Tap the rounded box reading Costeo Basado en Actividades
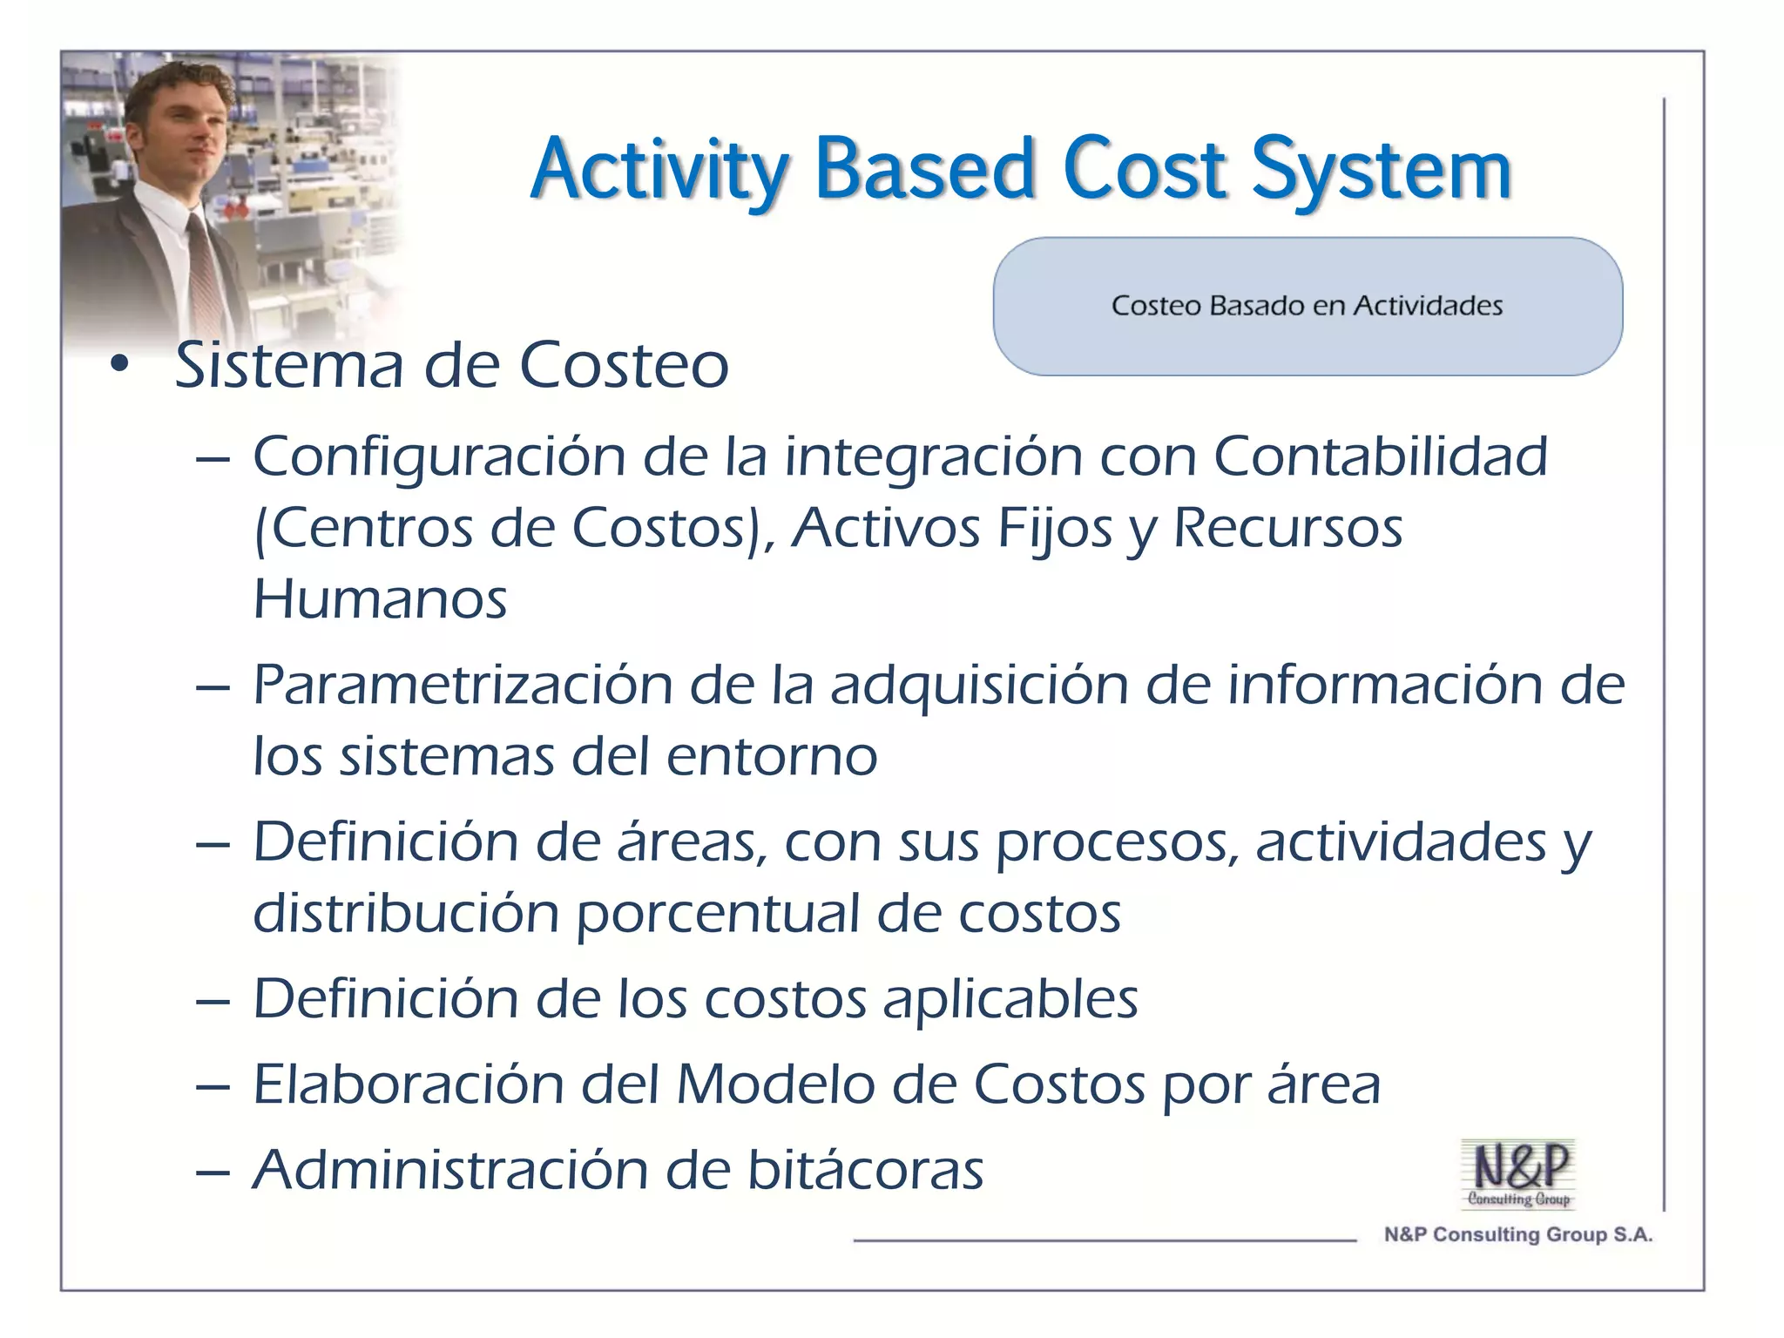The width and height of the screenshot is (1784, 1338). coord(1307,306)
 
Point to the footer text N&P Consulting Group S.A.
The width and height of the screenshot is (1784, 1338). coord(1517,1234)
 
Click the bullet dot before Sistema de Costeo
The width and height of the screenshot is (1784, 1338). coord(119,366)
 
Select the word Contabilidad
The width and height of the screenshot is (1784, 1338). coord(1380,456)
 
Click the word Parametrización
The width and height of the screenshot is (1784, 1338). coord(463,685)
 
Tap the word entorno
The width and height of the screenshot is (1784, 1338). coord(771,756)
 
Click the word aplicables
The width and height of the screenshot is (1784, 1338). coord(1010,999)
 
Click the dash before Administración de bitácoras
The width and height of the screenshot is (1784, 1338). coord(213,1172)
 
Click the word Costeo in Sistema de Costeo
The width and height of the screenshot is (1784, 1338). coord(624,366)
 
